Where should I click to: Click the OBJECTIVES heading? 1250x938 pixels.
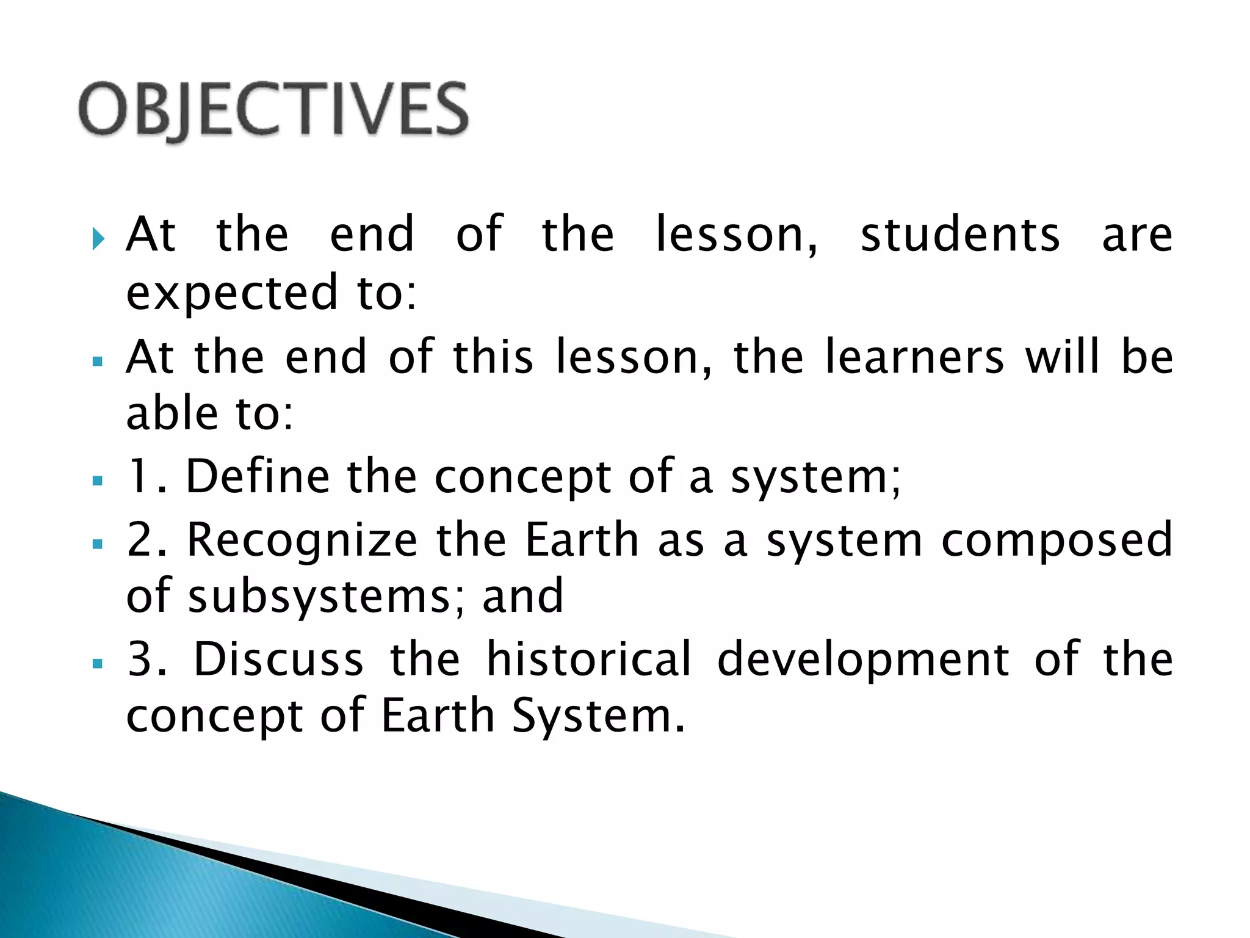tap(273, 110)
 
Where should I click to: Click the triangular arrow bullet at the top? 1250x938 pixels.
tap(98, 238)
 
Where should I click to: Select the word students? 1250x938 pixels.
tap(960, 234)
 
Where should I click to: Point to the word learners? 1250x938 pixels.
tap(914, 357)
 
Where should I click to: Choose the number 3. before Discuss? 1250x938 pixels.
tap(146, 660)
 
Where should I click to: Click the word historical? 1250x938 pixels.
tap(590, 660)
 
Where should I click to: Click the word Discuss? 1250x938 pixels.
tap(278, 660)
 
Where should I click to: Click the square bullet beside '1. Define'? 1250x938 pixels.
tap(98, 481)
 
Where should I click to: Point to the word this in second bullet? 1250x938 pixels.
tap(493, 357)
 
